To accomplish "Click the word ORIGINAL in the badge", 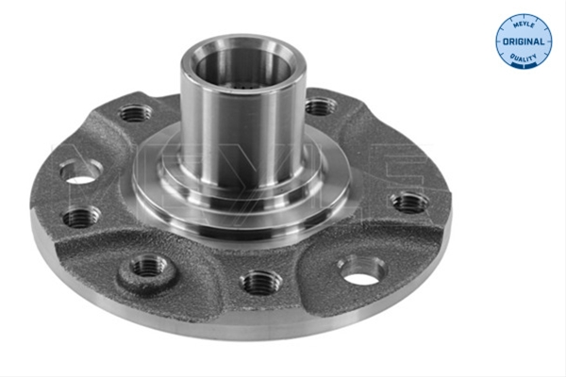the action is point(524,41).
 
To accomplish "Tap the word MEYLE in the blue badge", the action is point(524,25).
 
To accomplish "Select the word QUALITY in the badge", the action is point(524,57).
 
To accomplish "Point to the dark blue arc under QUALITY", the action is point(524,66).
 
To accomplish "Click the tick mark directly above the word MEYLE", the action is point(524,17).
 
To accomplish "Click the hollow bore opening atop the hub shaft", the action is point(243,67).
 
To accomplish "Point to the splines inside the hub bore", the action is point(242,86).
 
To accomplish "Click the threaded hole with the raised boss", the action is point(148,267).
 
